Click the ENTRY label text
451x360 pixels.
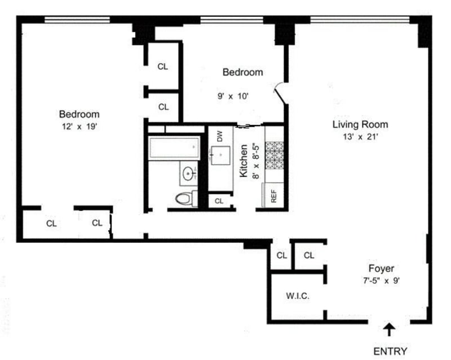[390, 351]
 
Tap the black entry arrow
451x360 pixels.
[390, 330]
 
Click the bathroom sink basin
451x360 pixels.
[189, 174]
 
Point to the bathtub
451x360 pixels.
[174, 148]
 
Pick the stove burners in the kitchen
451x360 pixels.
[275, 155]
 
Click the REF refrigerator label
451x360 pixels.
[274, 196]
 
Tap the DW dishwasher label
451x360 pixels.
[220, 136]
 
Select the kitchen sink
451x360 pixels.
[220, 155]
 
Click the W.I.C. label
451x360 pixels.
[298, 296]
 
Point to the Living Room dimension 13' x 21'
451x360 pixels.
[360, 137]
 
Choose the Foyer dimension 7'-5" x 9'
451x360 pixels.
[382, 281]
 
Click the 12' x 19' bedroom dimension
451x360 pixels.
[79, 127]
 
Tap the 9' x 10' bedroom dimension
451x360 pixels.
[233, 96]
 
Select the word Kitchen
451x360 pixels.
[244, 161]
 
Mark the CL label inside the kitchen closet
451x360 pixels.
[219, 201]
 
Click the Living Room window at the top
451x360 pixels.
[360, 20]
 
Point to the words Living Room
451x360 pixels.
[360, 125]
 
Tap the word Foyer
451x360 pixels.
[382, 269]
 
